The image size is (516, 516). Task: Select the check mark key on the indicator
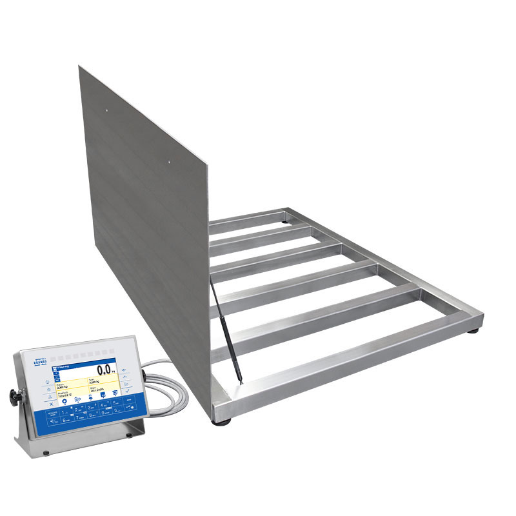click(x=128, y=392)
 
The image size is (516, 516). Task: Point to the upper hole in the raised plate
click(x=107, y=110)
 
